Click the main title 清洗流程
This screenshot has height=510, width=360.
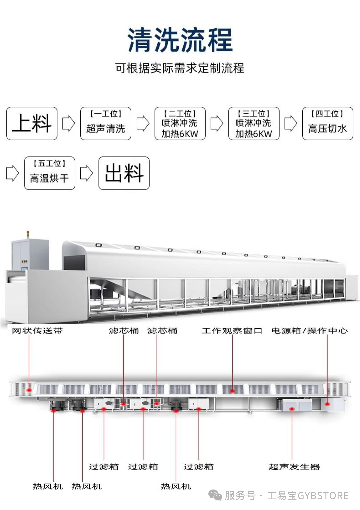(180, 40)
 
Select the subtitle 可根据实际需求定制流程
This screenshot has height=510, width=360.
(180, 68)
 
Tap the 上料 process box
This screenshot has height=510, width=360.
(32, 123)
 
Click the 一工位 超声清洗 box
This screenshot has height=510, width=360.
(106, 123)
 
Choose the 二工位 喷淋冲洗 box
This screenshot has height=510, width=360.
(180, 123)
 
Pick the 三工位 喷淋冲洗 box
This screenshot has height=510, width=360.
(254, 123)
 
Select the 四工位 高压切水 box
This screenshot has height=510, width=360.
(328, 123)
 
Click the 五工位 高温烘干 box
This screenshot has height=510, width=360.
(50, 173)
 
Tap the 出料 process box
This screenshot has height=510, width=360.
(124, 173)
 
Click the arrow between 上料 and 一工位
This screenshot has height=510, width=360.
(69, 123)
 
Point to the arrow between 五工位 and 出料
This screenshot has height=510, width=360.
(87, 173)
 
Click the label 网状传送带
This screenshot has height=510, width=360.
(37, 331)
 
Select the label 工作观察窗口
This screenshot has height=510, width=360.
(232, 331)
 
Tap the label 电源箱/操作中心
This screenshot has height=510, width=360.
(310, 331)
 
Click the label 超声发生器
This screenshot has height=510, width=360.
(294, 467)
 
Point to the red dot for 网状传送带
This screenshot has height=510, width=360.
(29, 390)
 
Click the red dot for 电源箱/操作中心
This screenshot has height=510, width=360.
(327, 404)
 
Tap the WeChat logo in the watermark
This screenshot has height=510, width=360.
(215, 496)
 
